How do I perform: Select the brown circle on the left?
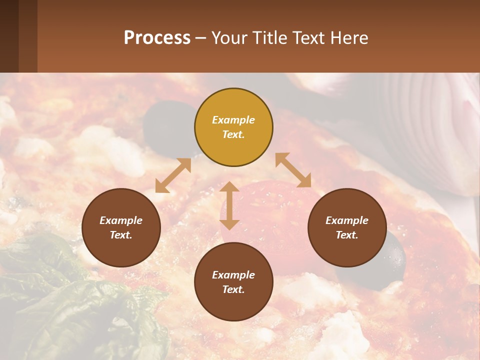pyautogui.click(x=121, y=227)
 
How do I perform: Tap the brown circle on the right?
pyautogui.click(x=347, y=227)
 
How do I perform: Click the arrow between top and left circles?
pyautogui.click(x=173, y=175)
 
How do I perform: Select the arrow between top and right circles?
pyautogui.click(x=293, y=170)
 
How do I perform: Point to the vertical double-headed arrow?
pyautogui.click(x=229, y=205)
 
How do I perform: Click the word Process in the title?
pyautogui.click(x=157, y=37)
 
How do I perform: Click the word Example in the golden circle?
pyautogui.click(x=233, y=120)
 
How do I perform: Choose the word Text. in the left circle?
pyautogui.click(x=121, y=235)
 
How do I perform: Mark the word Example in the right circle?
pyautogui.click(x=347, y=220)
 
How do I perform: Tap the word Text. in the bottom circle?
pyautogui.click(x=233, y=289)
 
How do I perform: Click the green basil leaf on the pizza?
pyautogui.click(x=60, y=290)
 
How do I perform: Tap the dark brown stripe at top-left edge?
pyautogui.click(x=9, y=36)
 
